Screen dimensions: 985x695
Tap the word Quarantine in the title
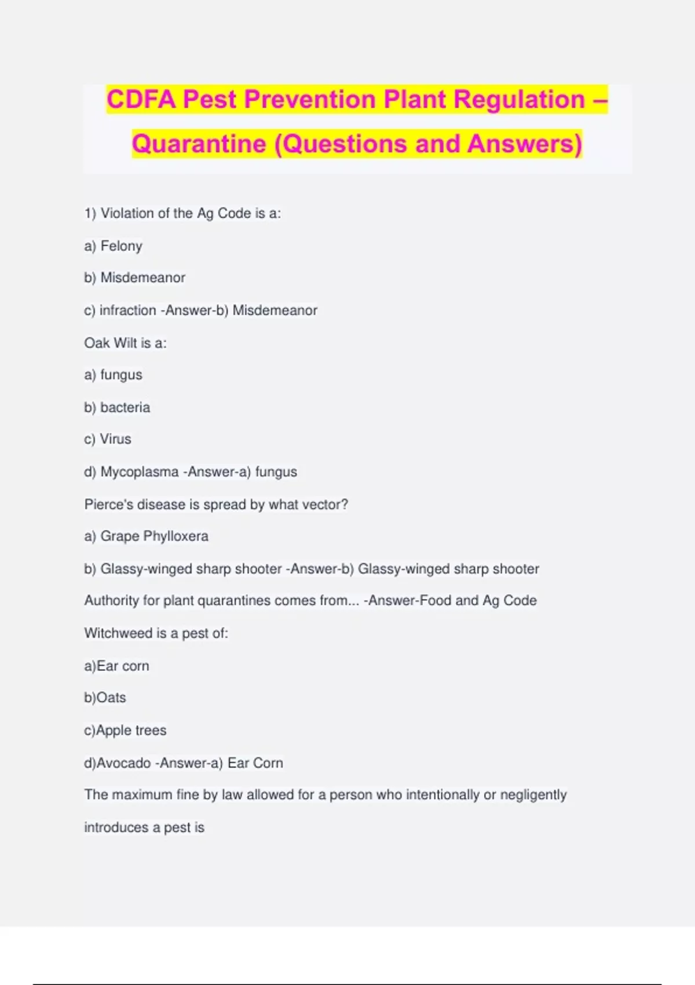tap(199, 144)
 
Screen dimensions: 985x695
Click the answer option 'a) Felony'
tap(113, 246)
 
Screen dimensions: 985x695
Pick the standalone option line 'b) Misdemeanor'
tap(134, 278)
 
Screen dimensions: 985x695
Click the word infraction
tap(127, 310)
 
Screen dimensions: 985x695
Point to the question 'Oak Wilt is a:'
tap(125, 343)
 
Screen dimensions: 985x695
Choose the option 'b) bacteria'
tap(117, 407)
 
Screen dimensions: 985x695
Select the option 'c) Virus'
tap(108, 439)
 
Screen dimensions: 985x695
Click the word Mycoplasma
tap(140, 472)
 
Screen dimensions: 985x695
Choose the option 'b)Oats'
tap(105, 698)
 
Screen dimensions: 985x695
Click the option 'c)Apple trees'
tap(125, 730)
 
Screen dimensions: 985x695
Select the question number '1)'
tap(90, 213)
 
